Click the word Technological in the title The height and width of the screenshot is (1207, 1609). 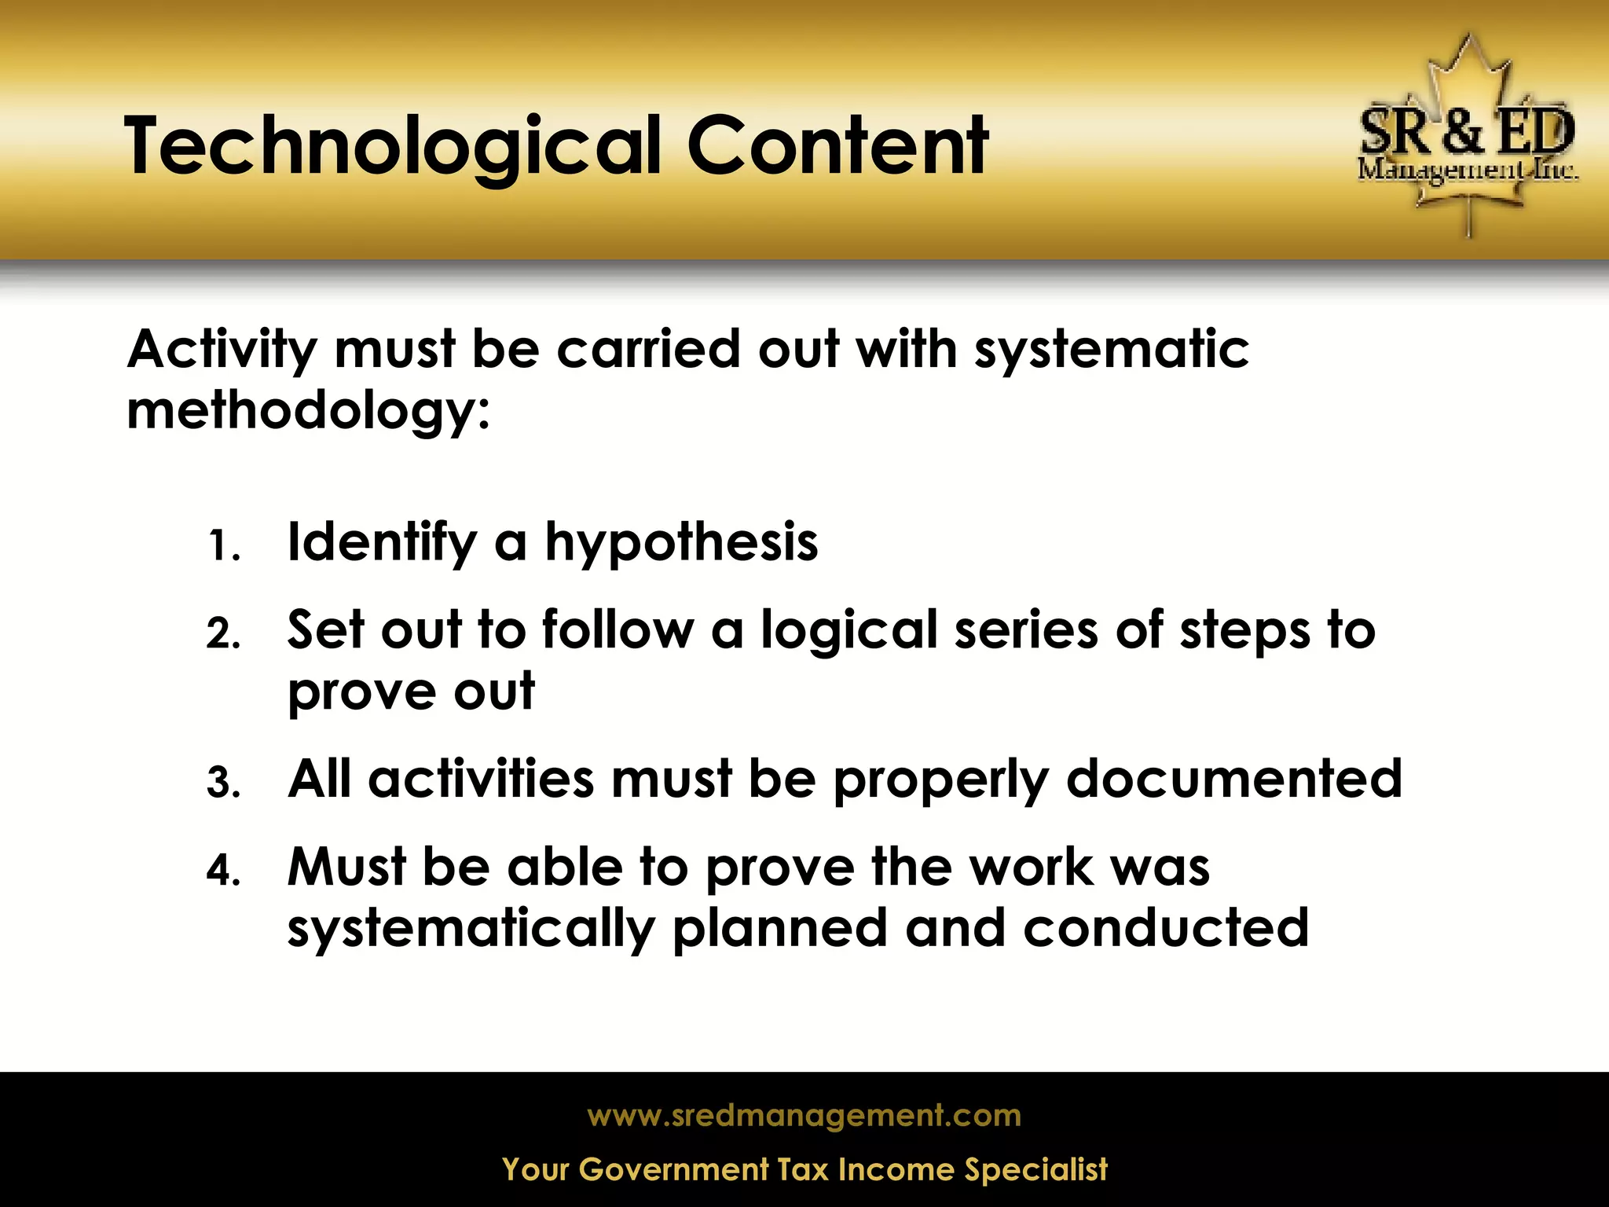coord(393,147)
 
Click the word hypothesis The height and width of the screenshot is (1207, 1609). coord(681,544)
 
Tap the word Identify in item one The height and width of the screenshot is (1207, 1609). coord(382,544)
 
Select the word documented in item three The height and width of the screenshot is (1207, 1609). coord(1233,780)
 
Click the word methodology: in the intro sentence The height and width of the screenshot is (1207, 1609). coord(308,411)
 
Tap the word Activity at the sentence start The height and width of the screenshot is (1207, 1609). coord(222,350)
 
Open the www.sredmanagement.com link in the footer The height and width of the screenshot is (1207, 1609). coord(804,1115)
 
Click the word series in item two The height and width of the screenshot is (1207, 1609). coord(1025,632)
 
